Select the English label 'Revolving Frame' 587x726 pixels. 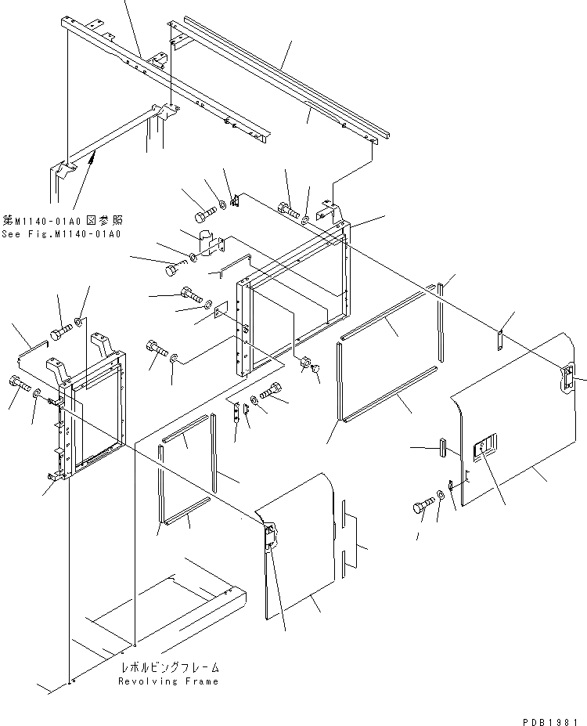pyautogui.click(x=168, y=681)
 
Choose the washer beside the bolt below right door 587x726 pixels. pyautogui.click(x=442, y=495)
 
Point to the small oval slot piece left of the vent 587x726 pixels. pyautogui.click(x=442, y=448)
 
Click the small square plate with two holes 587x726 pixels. pyautogui.click(x=220, y=312)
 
